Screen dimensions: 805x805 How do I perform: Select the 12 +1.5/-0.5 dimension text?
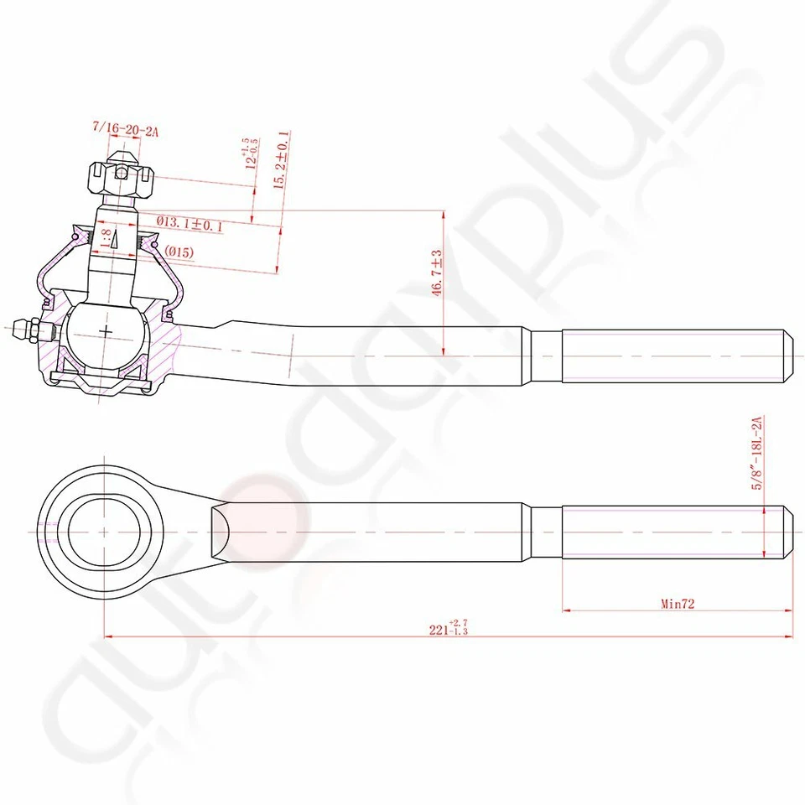click(x=250, y=154)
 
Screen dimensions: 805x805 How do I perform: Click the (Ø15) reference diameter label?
click(x=179, y=252)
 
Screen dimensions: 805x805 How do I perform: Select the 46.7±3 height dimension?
click(x=436, y=272)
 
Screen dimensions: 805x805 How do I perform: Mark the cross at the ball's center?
click(x=106, y=332)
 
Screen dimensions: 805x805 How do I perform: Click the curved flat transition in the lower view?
click(x=220, y=531)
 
